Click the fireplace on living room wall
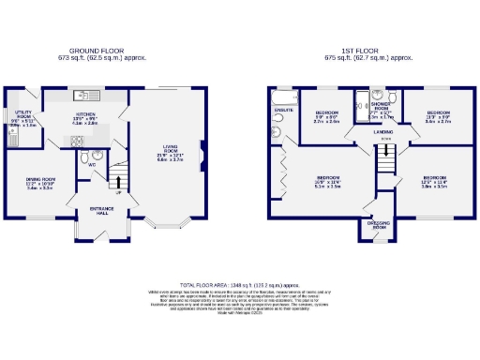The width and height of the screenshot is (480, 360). click(x=202, y=146)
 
